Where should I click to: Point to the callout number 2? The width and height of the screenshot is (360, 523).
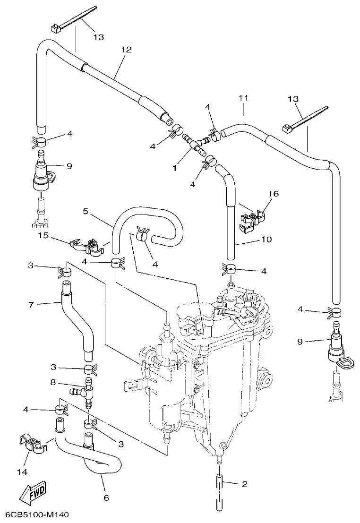click(x=244, y=484)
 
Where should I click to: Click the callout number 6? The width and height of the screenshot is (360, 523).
click(x=106, y=497)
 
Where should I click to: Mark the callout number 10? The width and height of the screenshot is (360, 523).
click(x=266, y=240)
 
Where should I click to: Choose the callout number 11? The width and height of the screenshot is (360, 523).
click(x=243, y=98)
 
